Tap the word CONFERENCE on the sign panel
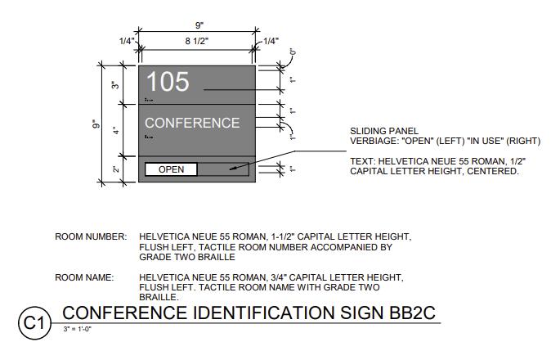coord(192,124)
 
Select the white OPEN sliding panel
coord(171,169)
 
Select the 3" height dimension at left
coord(115,84)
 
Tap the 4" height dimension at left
coord(115,129)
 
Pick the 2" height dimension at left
coord(115,169)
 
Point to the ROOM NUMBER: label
coord(91,237)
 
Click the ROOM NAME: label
coord(84,278)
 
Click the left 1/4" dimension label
coord(126,41)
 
